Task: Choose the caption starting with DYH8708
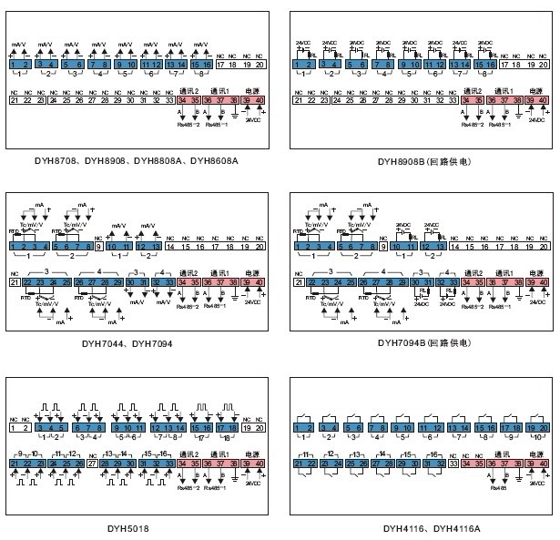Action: [x=135, y=160]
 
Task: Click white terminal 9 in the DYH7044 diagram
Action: [x=98, y=247]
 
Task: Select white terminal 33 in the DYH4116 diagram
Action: [x=453, y=464]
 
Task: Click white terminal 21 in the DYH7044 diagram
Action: [x=14, y=283]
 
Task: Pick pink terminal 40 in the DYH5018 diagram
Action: [x=259, y=464]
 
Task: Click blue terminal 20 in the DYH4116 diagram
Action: [x=544, y=427]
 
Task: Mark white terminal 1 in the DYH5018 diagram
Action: [x=14, y=427]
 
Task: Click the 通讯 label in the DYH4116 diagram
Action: [x=500, y=453]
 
